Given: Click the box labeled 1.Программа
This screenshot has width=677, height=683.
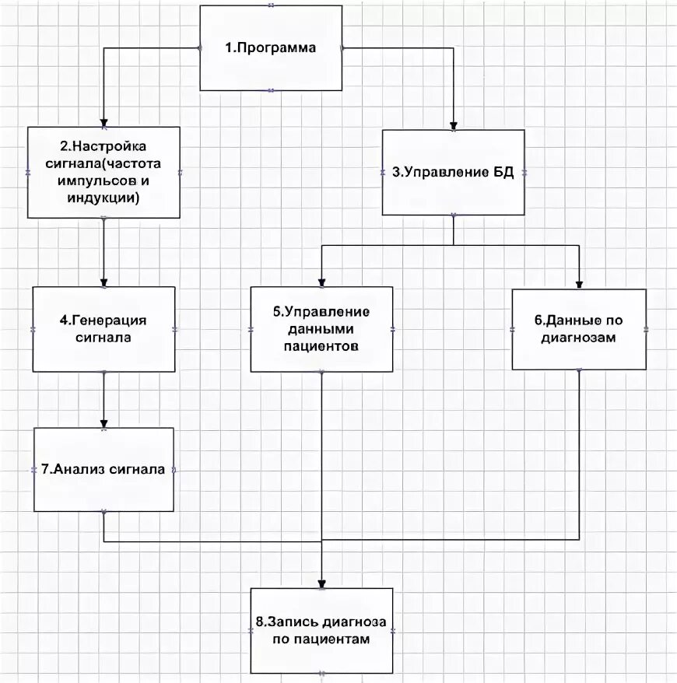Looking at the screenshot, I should pos(271,48).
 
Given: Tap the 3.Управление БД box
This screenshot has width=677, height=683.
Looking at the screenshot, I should pos(454,172).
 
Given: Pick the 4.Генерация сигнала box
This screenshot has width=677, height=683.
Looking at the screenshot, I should pos(103,329).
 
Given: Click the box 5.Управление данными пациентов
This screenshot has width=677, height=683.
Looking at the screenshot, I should pos(321,329).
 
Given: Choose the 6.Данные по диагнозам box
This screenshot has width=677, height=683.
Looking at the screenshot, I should pos(579,329).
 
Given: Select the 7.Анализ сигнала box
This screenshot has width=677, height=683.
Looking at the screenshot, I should pos(103,469).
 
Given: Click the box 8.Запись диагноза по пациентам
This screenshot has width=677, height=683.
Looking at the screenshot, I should pos(321,630).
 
